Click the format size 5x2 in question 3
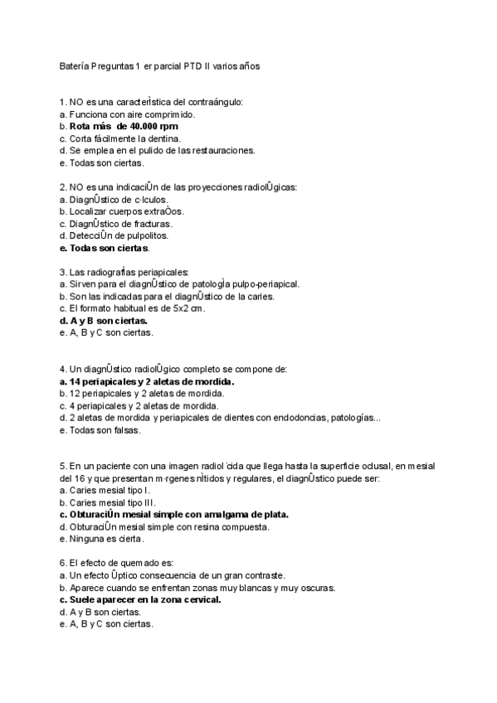(171, 308)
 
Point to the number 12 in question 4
(74, 394)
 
